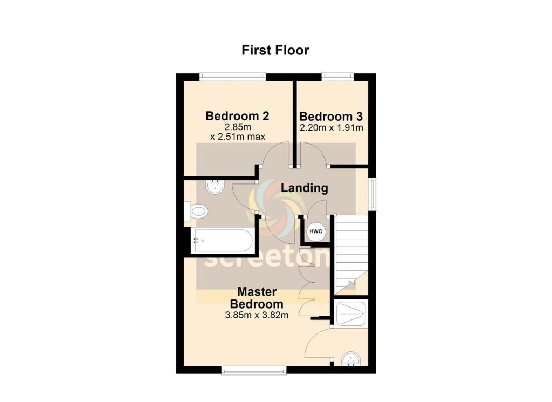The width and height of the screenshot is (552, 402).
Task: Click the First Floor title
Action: click(x=275, y=50)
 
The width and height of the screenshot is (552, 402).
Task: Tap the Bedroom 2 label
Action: click(x=237, y=116)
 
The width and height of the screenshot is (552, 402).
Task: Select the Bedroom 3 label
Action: click(x=331, y=117)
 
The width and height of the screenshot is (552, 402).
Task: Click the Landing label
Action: click(x=304, y=188)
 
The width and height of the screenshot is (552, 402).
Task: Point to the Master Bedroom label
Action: click(x=257, y=298)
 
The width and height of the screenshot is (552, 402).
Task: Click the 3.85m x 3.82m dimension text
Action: click(x=257, y=315)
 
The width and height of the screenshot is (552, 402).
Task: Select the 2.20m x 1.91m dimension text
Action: click(x=332, y=127)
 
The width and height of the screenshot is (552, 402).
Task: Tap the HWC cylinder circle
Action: click(x=316, y=231)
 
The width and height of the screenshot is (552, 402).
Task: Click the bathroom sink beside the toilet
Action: click(x=215, y=187)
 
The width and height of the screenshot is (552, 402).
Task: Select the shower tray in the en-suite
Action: click(x=351, y=313)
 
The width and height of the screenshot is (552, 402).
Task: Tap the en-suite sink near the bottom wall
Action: click(x=351, y=359)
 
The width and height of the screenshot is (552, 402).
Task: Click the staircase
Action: click(x=350, y=254)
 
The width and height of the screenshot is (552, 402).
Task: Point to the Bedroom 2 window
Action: click(x=232, y=76)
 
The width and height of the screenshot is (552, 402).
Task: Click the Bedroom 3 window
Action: click(x=337, y=76)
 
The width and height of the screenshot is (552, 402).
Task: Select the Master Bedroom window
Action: click(x=254, y=370)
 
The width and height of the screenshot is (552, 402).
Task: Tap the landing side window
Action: click(x=372, y=194)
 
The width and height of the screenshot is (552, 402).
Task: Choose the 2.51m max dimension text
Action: click(x=238, y=137)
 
